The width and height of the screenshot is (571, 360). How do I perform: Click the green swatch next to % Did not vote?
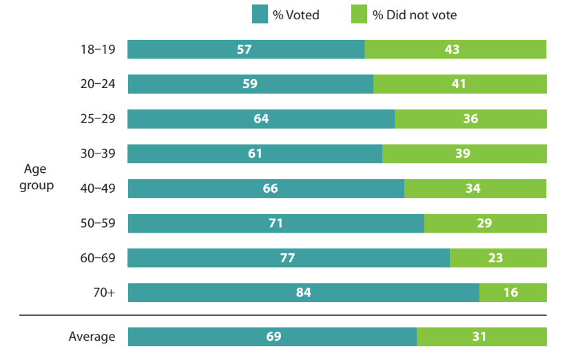(x=359, y=14)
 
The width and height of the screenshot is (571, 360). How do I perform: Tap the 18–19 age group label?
(x=97, y=50)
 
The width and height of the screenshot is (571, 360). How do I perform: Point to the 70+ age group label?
(x=104, y=293)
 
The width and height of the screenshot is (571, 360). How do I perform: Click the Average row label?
(x=92, y=337)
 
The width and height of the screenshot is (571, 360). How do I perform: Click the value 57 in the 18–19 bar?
(x=246, y=50)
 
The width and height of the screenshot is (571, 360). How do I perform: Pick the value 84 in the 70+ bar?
(x=303, y=293)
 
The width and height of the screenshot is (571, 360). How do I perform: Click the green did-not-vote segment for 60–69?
(x=498, y=258)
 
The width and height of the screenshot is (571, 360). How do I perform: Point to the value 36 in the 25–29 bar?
(x=470, y=119)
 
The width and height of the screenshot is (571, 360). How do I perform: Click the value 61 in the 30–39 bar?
(x=255, y=153)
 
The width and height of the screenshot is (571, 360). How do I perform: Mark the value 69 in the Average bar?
(x=273, y=337)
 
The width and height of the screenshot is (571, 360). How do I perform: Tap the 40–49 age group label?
(x=97, y=189)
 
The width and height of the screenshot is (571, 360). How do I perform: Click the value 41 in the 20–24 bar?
(x=459, y=84)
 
